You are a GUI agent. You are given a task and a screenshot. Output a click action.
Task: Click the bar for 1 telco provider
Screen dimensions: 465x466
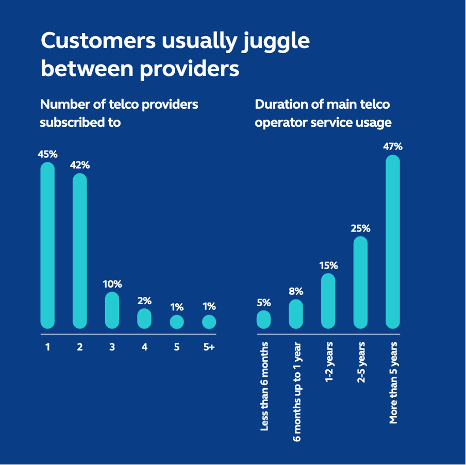(47, 245)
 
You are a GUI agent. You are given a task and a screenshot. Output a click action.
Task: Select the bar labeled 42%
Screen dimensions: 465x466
(80, 251)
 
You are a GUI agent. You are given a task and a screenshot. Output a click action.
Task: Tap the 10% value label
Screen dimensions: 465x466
(112, 284)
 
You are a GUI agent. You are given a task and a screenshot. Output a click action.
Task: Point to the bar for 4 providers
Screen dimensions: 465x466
(144, 319)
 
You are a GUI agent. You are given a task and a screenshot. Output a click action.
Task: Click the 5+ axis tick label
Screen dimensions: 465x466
(209, 347)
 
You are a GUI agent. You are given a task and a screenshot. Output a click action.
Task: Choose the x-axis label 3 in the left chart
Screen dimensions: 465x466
(112, 347)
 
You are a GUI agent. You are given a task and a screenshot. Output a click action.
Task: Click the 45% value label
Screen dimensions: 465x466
(47, 154)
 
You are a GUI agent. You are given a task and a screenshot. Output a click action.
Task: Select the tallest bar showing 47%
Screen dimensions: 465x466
(393, 241)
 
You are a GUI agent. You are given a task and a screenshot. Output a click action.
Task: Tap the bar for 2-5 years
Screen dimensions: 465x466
(360, 282)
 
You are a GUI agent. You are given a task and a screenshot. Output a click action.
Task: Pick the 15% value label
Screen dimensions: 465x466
(328, 265)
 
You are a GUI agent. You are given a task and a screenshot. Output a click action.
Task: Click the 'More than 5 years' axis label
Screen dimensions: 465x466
(393, 383)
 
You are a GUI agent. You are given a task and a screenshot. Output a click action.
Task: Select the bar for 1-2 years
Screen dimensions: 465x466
(328, 301)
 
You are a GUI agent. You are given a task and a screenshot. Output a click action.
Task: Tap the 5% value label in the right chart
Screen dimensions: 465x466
(263, 303)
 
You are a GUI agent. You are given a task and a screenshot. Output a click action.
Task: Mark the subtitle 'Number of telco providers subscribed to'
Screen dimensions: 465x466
(119, 113)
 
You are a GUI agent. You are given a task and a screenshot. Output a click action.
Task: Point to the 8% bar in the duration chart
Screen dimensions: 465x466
(296, 314)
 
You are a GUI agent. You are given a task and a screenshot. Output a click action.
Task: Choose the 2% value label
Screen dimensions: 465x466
(144, 301)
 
